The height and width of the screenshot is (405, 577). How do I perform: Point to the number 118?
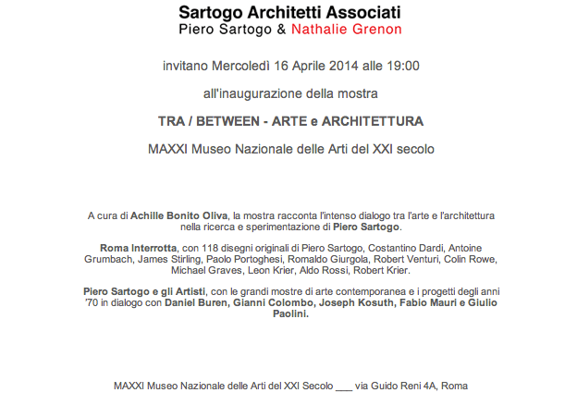(x=230, y=248)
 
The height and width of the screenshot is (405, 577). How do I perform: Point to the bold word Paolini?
(x=287, y=314)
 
